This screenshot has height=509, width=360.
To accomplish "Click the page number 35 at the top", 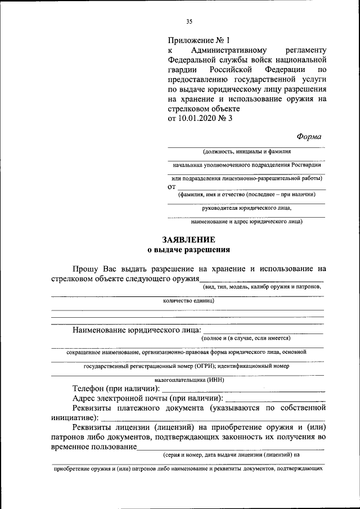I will point(189,21).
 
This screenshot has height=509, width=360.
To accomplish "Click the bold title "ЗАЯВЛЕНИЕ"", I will point(188,239).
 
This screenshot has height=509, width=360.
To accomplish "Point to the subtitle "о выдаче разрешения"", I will point(188,249).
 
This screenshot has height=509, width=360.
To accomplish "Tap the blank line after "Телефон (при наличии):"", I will point(243,389).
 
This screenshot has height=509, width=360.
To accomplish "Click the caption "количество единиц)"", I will point(188,300).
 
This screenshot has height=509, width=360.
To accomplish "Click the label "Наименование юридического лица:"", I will point(136,329).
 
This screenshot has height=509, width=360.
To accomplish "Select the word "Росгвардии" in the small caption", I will point(307,165).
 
